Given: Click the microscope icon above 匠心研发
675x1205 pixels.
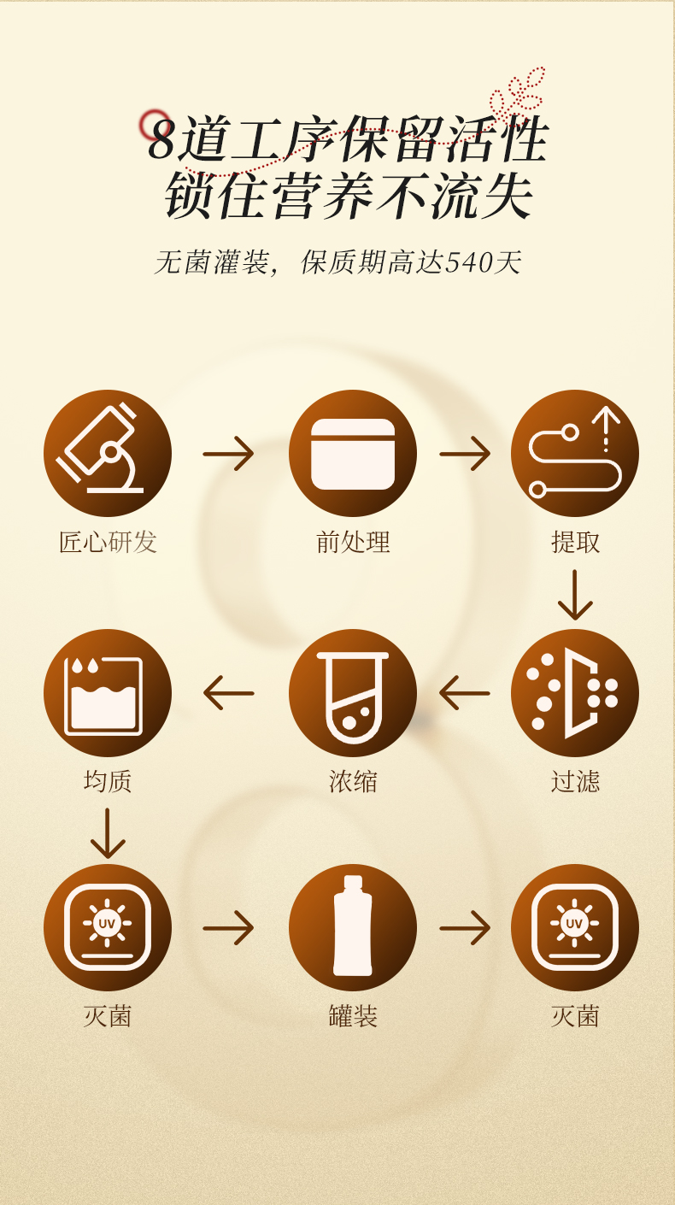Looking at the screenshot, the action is click(x=108, y=453).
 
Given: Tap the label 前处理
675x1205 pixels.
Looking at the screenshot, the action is click(x=353, y=542).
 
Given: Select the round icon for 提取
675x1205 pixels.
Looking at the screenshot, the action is click(x=575, y=453).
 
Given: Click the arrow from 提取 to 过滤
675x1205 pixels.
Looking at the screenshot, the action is click(x=575, y=595).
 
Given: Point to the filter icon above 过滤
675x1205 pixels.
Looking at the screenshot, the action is click(x=575, y=692).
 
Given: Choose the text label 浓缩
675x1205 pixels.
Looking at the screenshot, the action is click(x=353, y=781).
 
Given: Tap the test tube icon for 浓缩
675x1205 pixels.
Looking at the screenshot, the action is click(x=353, y=692).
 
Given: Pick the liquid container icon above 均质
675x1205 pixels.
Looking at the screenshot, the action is click(x=108, y=692).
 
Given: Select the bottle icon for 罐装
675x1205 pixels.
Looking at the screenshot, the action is click(x=353, y=927).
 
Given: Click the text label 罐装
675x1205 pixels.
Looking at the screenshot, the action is click(x=353, y=1016).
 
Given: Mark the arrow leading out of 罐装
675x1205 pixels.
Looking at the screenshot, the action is click(x=466, y=927).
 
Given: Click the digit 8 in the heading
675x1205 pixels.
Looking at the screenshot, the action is click(x=161, y=140).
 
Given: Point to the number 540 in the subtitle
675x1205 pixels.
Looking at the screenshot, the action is click(x=469, y=262).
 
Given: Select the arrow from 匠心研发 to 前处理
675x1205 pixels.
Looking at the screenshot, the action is click(x=229, y=453).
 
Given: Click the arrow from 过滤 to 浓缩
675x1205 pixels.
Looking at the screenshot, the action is click(x=466, y=692).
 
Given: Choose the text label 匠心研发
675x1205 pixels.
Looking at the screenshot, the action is click(x=108, y=542).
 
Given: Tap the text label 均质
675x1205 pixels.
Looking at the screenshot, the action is click(x=108, y=781).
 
